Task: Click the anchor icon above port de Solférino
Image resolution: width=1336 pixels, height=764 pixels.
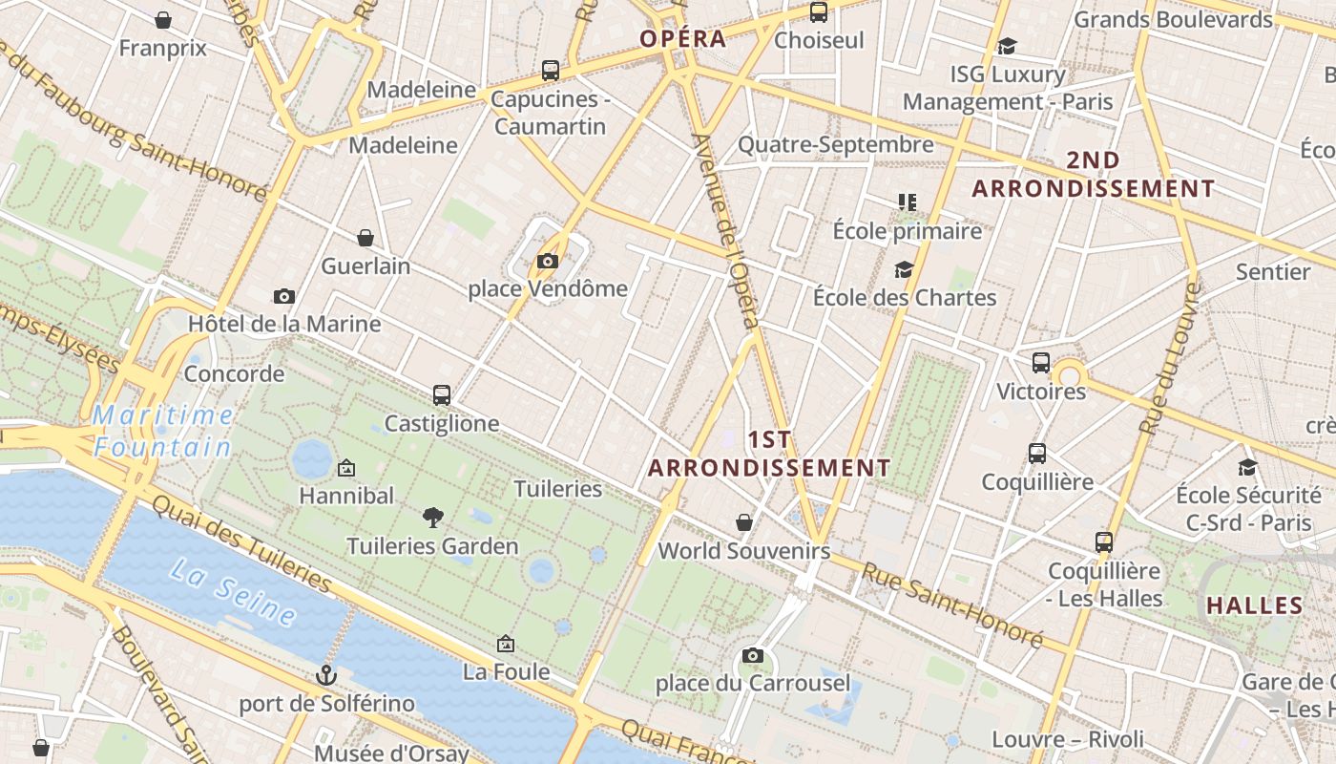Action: coord(326,675)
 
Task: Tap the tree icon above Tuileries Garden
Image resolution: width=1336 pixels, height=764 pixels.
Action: coord(433,518)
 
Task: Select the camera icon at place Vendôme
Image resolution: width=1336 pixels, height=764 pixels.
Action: coord(547,261)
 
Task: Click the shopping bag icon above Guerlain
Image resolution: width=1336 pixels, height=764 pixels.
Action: coord(365,238)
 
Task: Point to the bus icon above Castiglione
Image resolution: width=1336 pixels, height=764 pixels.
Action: coord(441,394)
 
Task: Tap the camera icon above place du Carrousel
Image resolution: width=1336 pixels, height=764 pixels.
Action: coord(753,655)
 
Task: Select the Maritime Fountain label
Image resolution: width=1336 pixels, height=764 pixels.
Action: coord(163,431)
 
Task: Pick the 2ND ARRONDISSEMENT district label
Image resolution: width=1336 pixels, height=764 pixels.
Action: coord(1094,175)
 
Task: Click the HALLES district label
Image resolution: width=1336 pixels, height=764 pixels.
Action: coord(1255,605)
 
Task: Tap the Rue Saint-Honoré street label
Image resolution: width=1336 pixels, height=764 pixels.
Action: coord(952,605)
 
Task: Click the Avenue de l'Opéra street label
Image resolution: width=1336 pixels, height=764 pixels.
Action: coord(727,228)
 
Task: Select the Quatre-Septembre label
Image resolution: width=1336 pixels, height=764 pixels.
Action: coord(836,145)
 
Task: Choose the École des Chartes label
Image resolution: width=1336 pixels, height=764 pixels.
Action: coord(905,298)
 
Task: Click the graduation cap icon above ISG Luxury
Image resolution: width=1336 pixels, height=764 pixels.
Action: coord(1007,46)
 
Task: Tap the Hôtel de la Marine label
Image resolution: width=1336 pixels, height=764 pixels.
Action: coord(284,324)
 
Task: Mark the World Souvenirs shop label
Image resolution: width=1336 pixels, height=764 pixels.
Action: coord(744,551)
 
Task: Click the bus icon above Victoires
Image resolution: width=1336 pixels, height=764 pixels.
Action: coord(1041,363)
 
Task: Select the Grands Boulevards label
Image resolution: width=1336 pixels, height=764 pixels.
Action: coord(1174,19)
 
